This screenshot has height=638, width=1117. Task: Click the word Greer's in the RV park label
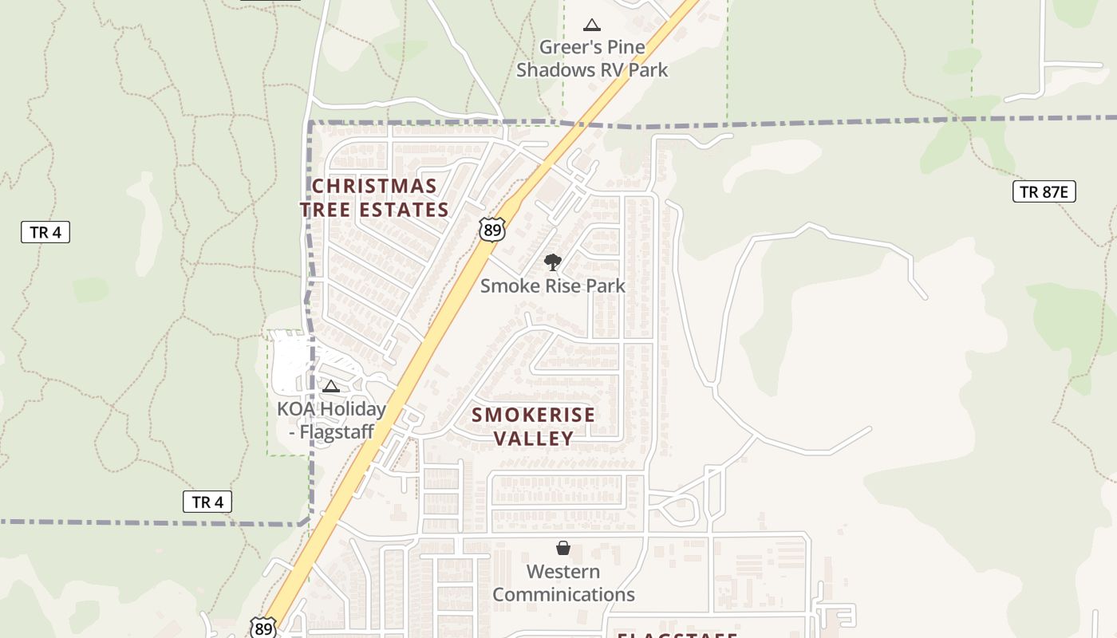coord(563,47)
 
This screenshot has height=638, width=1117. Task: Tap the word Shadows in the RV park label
coord(562,70)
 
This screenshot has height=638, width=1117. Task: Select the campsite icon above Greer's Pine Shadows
coord(591,26)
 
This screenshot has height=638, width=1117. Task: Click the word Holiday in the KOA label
coord(349,409)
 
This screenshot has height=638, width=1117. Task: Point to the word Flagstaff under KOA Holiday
coord(335,432)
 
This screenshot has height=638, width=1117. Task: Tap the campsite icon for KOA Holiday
coord(331,387)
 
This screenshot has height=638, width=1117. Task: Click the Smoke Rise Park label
coord(552,286)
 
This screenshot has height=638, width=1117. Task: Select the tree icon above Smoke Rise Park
coord(551,262)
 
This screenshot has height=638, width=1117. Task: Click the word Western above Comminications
coord(563,572)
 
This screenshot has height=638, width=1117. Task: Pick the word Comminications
coord(563,595)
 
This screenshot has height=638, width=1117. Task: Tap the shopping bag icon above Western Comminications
coord(563,548)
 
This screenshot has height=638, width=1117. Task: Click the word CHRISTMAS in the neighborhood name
coord(374,187)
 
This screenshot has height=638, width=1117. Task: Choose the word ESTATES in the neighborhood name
coord(405,210)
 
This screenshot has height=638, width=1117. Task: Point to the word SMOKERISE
coord(533,415)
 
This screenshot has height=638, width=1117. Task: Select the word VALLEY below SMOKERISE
coord(533,439)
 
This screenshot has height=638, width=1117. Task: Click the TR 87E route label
coord(1044,191)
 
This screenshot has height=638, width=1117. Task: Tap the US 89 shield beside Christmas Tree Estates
coord(492,229)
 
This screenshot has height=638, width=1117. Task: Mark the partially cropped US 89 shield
coord(262,628)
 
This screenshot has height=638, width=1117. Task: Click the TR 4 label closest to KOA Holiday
coord(207,502)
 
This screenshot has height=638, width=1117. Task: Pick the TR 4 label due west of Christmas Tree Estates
coord(45,232)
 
